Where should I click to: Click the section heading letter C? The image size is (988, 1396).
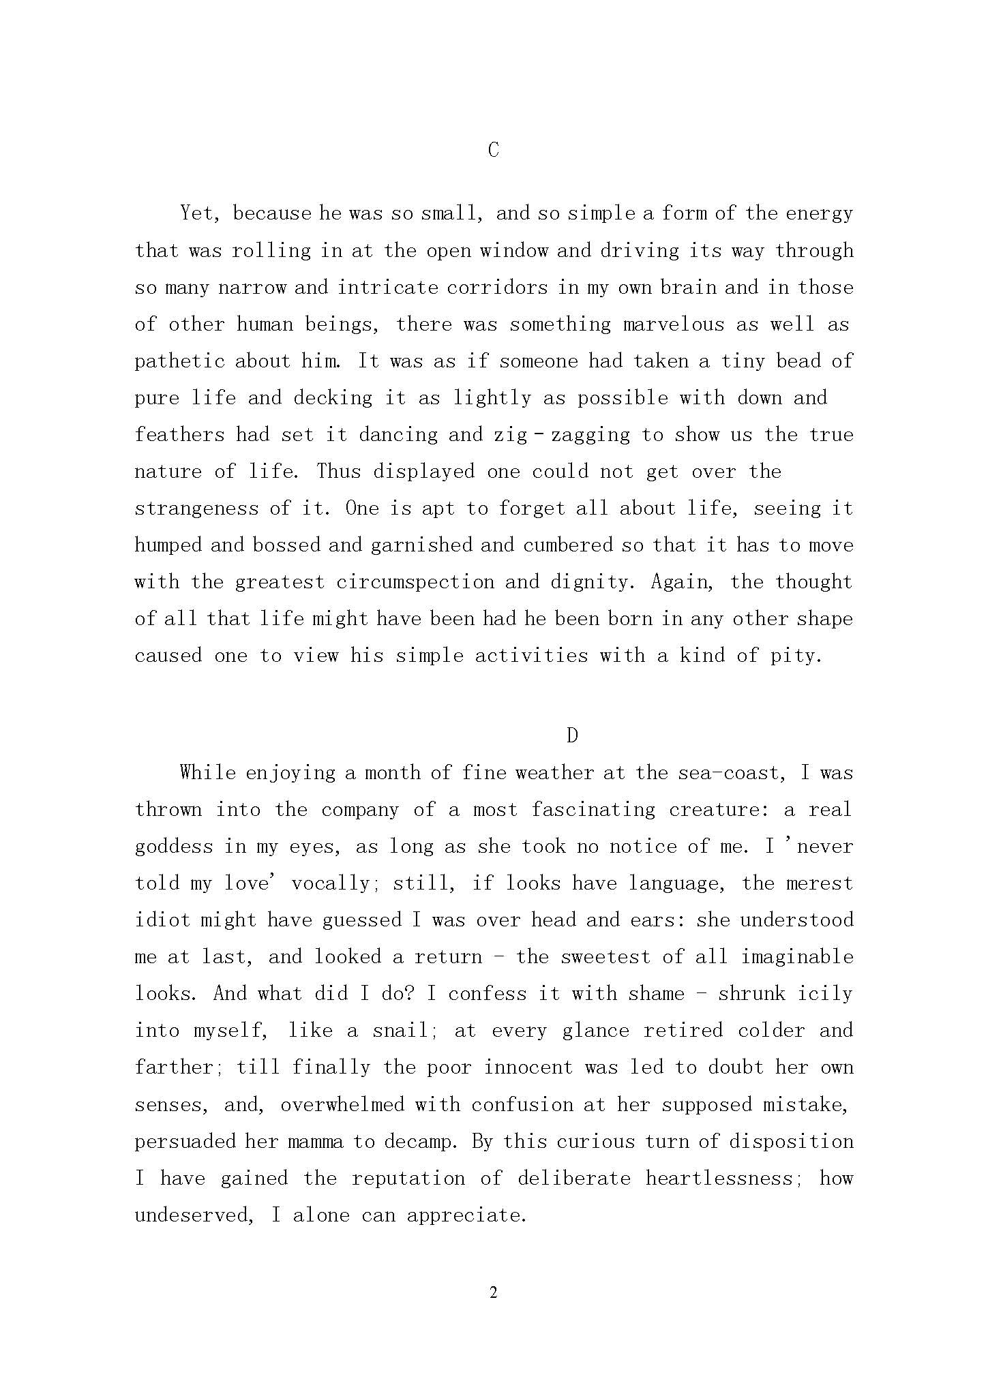pos(494,150)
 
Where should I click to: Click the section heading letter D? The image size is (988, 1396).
pos(572,735)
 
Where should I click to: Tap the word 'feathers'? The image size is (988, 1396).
pos(179,435)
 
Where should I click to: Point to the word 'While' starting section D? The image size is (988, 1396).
pos(208,773)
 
